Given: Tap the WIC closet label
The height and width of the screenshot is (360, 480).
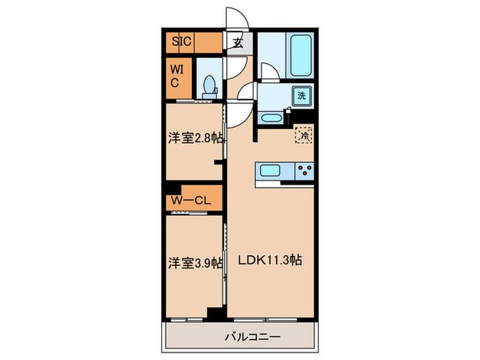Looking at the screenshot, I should pos(176,76).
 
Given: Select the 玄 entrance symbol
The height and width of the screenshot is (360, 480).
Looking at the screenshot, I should pos(237,43).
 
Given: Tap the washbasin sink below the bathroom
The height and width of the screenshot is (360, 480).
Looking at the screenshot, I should pos(271,118).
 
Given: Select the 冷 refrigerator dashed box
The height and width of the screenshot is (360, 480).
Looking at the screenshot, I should pos(302,135).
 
